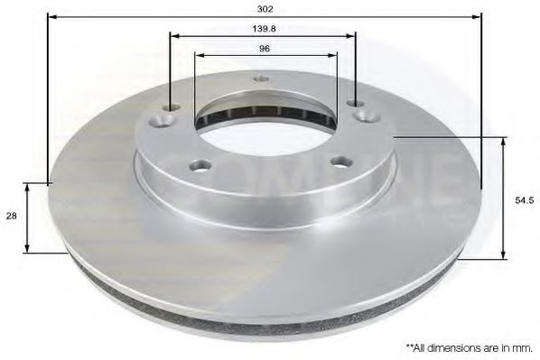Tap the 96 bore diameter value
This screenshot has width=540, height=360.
[265, 48]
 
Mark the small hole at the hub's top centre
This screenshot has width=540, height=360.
[260, 78]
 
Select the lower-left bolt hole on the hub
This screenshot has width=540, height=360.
[200, 164]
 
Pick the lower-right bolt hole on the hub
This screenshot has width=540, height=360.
[340, 162]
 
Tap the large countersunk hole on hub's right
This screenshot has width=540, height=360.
[364, 115]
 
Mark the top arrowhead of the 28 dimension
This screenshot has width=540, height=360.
[28, 186]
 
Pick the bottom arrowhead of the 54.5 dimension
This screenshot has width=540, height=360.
[503, 255]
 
